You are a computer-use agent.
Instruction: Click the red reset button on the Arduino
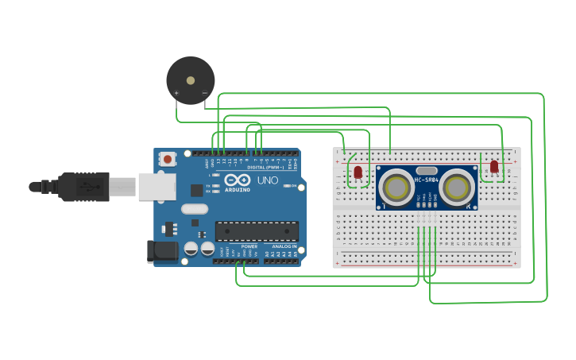tap(168, 159)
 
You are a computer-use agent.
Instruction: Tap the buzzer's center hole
tap(190, 79)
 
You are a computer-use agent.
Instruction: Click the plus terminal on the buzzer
tap(176, 93)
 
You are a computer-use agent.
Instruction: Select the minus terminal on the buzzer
tap(204, 93)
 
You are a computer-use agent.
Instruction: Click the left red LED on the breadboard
tap(358, 172)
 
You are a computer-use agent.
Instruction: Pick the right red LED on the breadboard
tap(494, 166)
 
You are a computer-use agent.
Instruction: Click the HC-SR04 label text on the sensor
tap(427, 180)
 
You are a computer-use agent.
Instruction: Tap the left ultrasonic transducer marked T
tap(396, 188)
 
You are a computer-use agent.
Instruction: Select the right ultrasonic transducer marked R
tap(458, 188)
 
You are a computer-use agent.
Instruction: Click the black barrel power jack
tap(164, 251)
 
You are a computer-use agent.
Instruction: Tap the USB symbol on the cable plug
tap(87, 187)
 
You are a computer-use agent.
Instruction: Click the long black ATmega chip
tap(257, 231)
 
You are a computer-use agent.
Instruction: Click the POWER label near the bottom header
tap(249, 246)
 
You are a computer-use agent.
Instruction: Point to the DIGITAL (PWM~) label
tap(265, 168)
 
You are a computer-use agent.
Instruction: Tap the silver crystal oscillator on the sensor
tap(427, 170)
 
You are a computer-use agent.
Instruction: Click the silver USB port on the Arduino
tap(157, 187)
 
